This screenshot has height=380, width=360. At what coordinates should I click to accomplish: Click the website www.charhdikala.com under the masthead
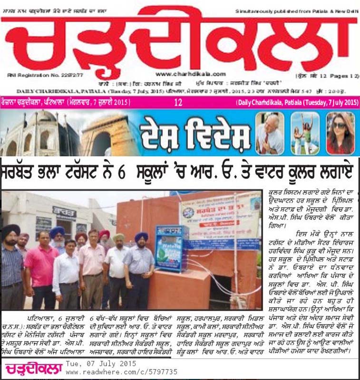point(183,74)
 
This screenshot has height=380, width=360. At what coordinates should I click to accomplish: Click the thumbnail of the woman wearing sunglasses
point(340,133)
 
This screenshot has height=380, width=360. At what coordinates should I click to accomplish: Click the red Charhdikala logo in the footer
point(34,369)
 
